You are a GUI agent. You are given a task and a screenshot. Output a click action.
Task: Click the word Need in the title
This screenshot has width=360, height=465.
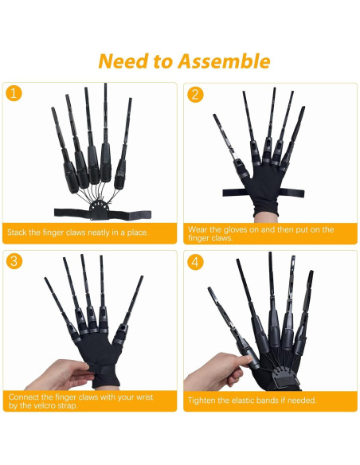[120, 61]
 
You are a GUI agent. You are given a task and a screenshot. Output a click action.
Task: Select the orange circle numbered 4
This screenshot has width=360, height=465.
[195, 261]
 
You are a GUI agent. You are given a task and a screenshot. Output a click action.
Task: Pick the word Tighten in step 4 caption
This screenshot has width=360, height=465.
[203, 401]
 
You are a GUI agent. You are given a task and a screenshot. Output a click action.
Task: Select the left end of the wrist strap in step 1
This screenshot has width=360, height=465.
[60, 213]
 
